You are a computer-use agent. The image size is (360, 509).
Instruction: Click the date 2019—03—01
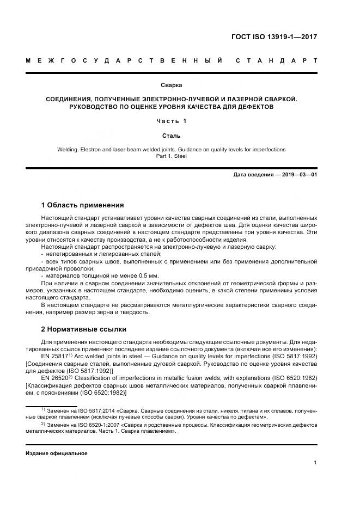tap(298, 174)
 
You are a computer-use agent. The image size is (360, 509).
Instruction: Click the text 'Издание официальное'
tap(57, 453)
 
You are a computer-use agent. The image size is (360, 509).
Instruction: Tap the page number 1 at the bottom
tap(315, 463)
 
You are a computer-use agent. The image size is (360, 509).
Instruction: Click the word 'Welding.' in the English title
tap(68, 149)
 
